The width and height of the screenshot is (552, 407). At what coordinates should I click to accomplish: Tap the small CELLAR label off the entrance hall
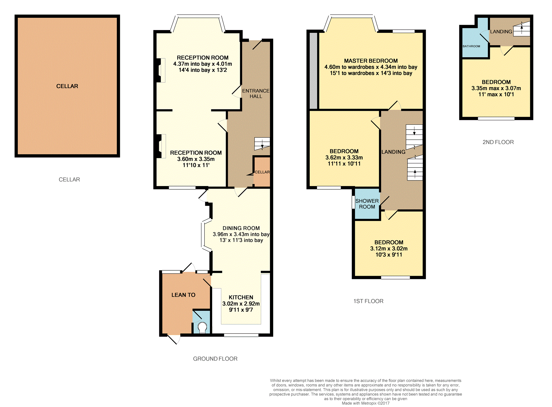pyautogui.click(x=262, y=172)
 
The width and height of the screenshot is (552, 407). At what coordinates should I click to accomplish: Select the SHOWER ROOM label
pyautogui.click(x=367, y=204)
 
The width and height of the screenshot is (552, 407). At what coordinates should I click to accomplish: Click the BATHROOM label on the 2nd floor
pyautogui.click(x=471, y=46)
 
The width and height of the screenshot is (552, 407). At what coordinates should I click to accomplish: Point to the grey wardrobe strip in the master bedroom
pyautogui.click(x=313, y=71)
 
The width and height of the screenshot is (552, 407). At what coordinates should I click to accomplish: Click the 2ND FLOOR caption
pyautogui.click(x=498, y=142)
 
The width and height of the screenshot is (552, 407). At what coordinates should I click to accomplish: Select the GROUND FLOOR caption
pyautogui.click(x=215, y=359)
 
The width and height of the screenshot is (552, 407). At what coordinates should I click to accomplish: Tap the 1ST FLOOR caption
pyautogui.click(x=368, y=301)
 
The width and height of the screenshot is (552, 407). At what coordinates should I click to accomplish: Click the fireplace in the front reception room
pyautogui.click(x=161, y=70)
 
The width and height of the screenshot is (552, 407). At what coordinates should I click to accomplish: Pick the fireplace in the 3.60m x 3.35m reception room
pyautogui.click(x=161, y=146)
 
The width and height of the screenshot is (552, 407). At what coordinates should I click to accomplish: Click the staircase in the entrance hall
pyautogui.click(x=262, y=144)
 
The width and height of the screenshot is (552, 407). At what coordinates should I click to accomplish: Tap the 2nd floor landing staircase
pyautogui.click(x=522, y=29)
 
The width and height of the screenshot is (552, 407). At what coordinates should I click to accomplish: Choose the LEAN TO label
pyautogui.click(x=183, y=295)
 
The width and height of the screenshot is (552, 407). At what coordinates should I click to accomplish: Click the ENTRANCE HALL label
pyautogui.click(x=256, y=94)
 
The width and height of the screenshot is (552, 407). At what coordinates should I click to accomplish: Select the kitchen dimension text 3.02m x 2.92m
pyautogui.click(x=241, y=304)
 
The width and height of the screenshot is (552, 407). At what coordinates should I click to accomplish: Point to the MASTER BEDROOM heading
pyautogui.click(x=371, y=61)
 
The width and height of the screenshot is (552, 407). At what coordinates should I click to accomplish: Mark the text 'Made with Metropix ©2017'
pyautogui.click(x=366, y=403)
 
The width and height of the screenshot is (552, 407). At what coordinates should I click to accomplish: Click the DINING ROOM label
pyautogui.click(x=241, y=228)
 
